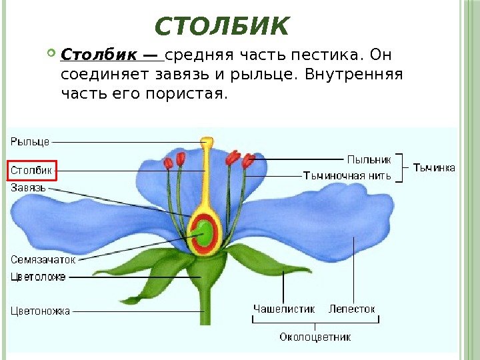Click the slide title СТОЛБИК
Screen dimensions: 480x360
click(x=222, y=27)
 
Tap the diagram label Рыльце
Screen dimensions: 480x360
click(x=30, y=141)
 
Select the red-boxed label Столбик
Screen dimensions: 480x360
click(x=31, y=171)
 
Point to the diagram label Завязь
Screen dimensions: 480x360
click(x=28, y=188)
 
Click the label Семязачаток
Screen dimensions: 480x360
click(x=43, y=259)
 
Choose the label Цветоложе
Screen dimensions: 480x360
click(x=38, y=276)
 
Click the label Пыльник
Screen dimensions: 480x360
click(x=366, y=159)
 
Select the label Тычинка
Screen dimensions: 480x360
click(x=435, y=168)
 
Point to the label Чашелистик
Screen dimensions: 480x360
click(x=283, y=309)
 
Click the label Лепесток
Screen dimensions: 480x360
click(x=352, y=309)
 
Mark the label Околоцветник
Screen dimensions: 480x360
click(x=315, y=337)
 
